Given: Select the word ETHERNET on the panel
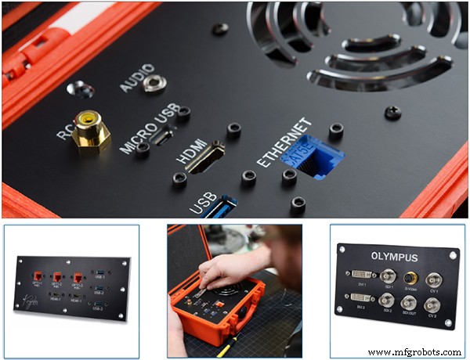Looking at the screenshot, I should click(x=284, y=143).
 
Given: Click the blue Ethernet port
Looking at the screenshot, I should click(x=315, y=157).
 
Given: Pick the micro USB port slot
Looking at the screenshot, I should click(x=164, y=138).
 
